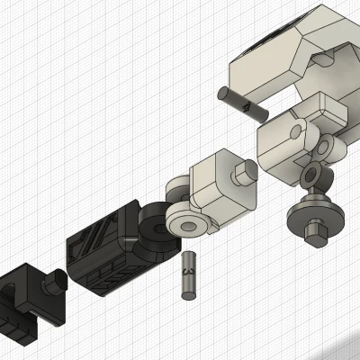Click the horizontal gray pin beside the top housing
(241, 102)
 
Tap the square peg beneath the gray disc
(314, 236)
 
